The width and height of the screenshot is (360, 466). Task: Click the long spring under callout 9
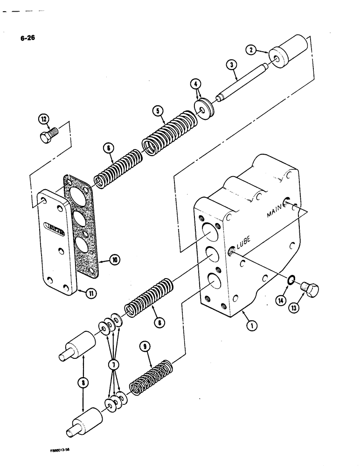(149, 378)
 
